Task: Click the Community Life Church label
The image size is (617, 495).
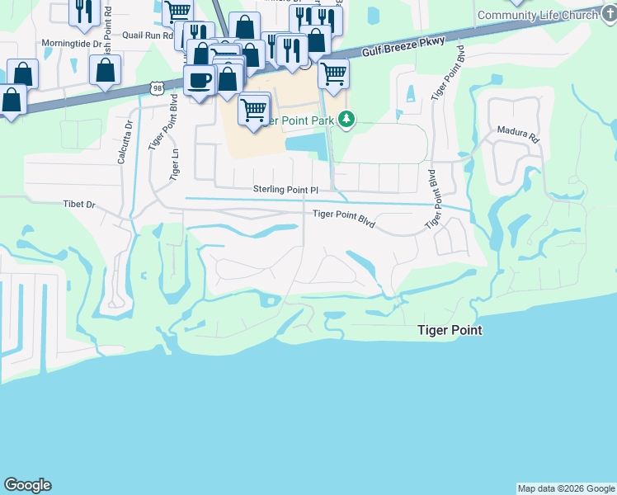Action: (537, 16)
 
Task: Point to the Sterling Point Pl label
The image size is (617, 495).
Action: (285, 190)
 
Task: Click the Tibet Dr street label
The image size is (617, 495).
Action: (80, 204)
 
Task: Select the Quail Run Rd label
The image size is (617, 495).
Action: (147, 35)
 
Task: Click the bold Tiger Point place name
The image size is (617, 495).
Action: (449, 330)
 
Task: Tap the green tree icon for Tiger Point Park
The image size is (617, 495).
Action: (347, 120)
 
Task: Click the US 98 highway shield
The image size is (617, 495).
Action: (157, 87)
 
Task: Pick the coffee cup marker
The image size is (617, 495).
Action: (200, 81)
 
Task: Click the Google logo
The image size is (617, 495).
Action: (27, 485)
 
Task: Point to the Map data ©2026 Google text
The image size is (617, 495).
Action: (566, 488)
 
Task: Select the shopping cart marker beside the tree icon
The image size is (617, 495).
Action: (333, 73)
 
